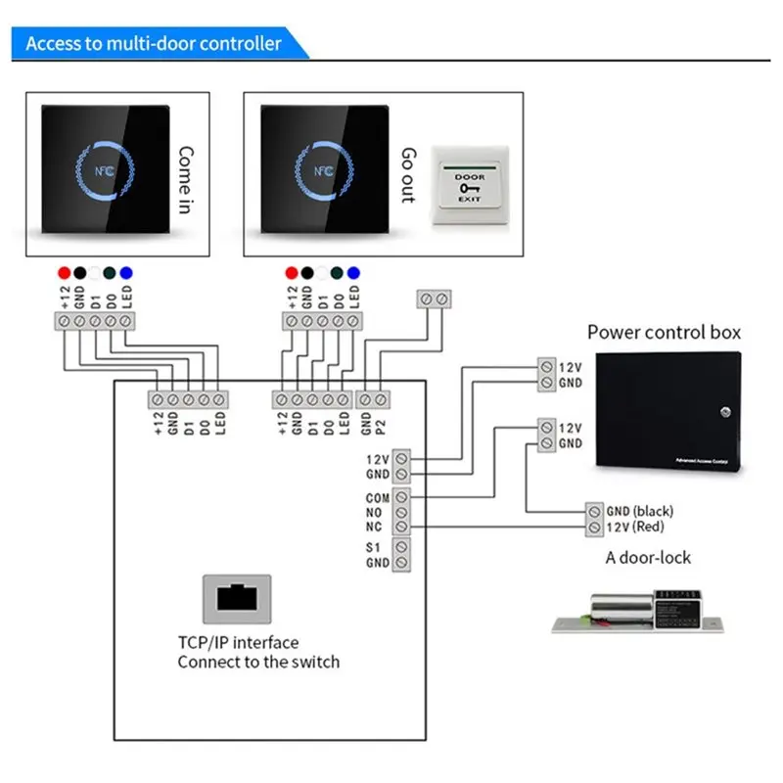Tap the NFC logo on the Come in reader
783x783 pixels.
pos(102,168)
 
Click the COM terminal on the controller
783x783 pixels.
pos(401,497)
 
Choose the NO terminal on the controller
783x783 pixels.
pos(401,513)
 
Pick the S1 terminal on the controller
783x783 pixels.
pos(401,547)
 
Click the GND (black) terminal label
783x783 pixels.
pos(639,511)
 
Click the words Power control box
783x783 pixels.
pos(664,333)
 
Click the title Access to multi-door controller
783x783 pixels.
pos(154,44)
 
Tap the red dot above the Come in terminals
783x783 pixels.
pos(64,271)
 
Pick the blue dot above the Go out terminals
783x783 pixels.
pos(353,271)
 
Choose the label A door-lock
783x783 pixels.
pos(648,558)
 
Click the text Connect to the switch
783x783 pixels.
pos(258,662)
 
